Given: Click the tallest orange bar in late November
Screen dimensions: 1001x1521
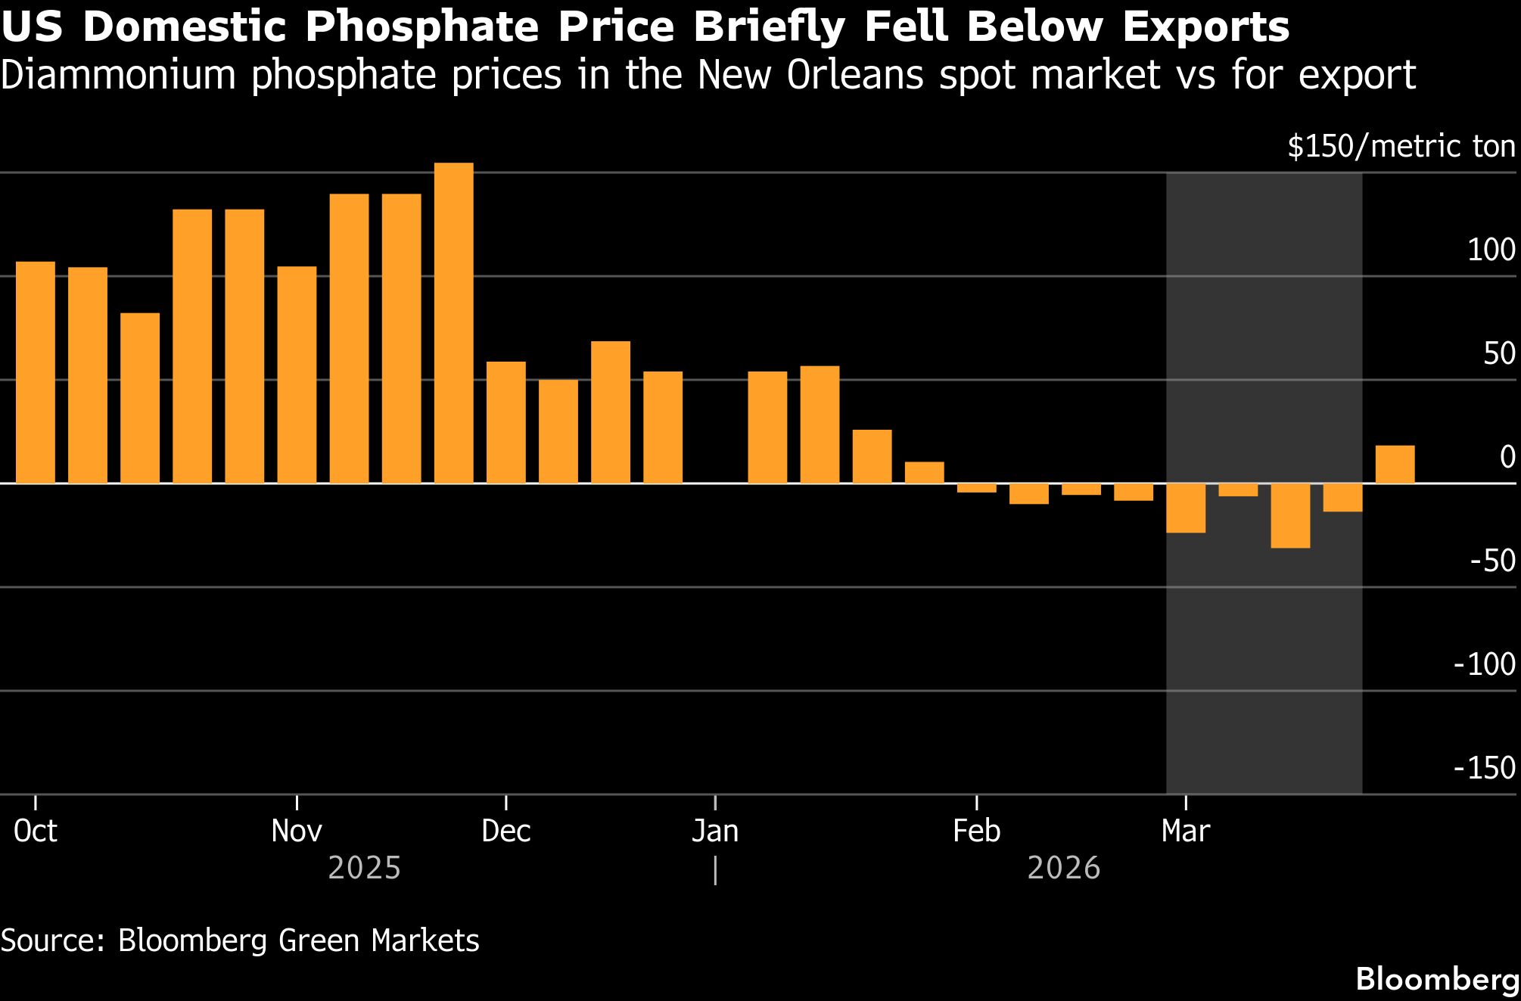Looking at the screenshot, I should coord(453,322).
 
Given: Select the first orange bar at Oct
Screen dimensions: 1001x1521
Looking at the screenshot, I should coord(36,372).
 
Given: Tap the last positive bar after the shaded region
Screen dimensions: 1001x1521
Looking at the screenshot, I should coord(1394,465).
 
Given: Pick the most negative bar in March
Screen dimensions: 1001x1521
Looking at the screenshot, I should coord(1289,515).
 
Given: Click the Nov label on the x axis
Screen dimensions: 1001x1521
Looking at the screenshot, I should coord(297,832).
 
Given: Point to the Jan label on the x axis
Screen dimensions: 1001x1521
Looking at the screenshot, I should coord(714,832).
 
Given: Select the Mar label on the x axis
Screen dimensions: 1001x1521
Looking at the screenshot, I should coord(1185,832).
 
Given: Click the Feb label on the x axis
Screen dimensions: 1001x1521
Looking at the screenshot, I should coord(976,832).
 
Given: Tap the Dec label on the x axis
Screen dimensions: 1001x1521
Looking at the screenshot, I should coord(505,832).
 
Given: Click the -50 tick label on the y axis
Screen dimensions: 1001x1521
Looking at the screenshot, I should coord(1492,561).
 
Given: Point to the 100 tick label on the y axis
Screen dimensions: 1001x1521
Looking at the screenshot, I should coord(1491,250).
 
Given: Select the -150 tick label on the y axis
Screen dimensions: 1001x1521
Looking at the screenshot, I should coord(1484,768).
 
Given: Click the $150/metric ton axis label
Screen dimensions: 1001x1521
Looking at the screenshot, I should coord(1401,146).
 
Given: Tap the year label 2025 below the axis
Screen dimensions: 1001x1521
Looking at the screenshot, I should coord(364,868).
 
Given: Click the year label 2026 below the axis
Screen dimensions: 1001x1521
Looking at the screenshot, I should coord(1063,868).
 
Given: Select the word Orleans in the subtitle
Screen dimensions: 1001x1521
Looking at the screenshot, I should coord(854,75).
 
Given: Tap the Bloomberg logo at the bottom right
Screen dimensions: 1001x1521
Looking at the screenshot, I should coord(1436,978).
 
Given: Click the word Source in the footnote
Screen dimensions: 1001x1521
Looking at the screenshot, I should coord(53,940).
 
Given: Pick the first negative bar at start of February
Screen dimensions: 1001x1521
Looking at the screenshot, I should coord(976,488).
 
